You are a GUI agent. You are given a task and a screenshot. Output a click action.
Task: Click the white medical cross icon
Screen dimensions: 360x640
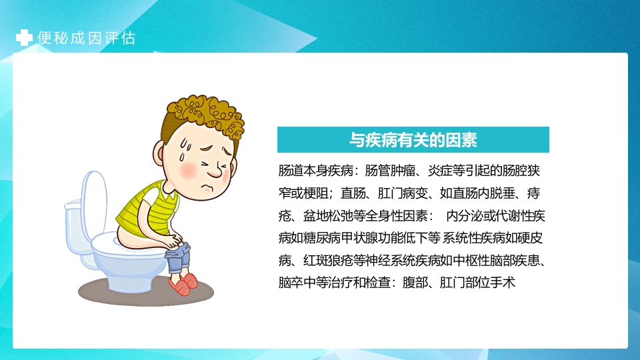pyautogui.click(x=24, y=38)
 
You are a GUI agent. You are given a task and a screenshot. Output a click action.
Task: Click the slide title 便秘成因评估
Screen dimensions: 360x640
pyautogui.click(x=87, y=38)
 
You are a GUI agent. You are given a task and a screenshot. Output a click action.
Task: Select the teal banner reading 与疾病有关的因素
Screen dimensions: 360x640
pyautogui.click(x=413, y=140)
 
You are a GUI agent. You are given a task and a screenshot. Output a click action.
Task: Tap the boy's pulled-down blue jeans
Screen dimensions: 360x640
pyautogui.click(x=178, y=254)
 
